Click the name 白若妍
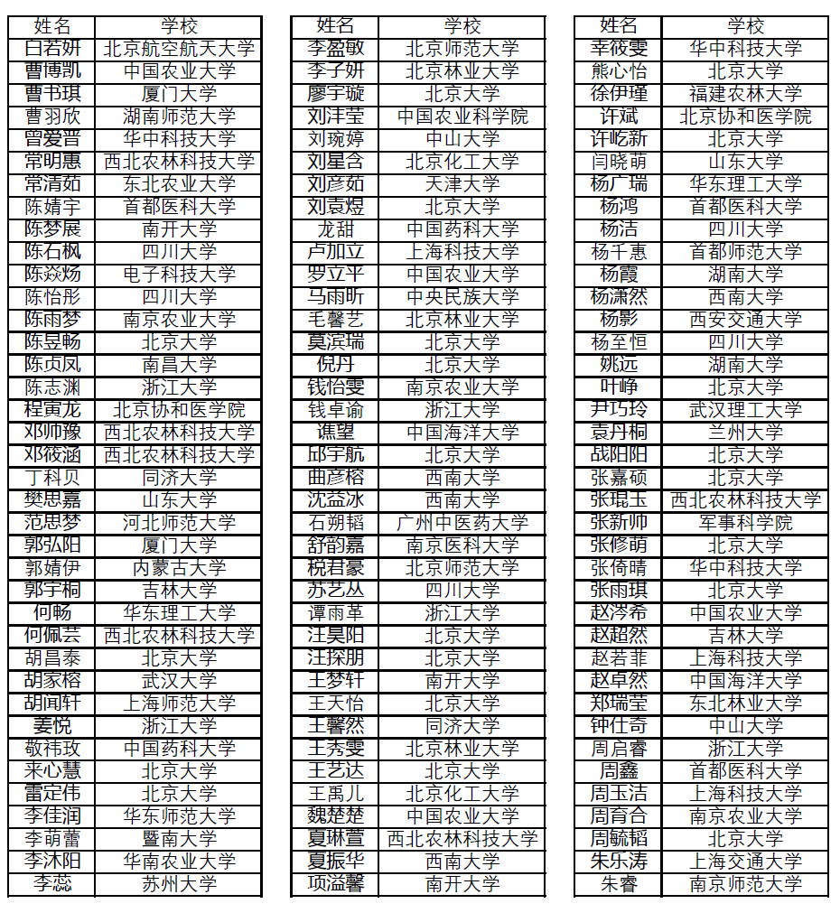click(x=52, y=49)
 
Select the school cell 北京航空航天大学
click(x=179, y=49)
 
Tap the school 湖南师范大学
click(x=179, y=116)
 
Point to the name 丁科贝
click(x=52, y=478)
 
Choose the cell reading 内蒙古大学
click(x=179, y=568)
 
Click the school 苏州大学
click(x=179, y=884)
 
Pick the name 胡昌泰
click(x=52, y=658)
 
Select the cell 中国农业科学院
click(x=462, y=116)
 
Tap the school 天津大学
click(x=462, y=184)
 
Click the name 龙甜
click(x=335, y=229)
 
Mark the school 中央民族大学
click(x=462, y=297)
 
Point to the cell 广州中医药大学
click(x=462, y=523)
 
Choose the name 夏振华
click(x=335, y=862)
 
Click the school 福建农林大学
click(x=745, y=94)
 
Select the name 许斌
click(x=619, y=116)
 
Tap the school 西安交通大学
click(x=745, y=320)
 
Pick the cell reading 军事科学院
click(x=745, y=523)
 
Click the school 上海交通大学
click(x=745, y=862)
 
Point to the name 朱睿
click(x=619, y=884)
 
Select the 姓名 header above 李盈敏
click(x=335, y=26)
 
